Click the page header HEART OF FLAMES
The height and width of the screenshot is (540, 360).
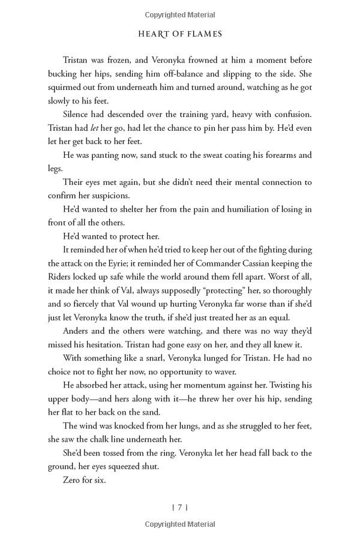pyautogui.click(x=179, y=34)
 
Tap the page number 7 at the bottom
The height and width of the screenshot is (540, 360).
pyautogui.click(x=180, y=507)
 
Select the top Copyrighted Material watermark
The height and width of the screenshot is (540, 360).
pyautogui.click(x=180, y=14)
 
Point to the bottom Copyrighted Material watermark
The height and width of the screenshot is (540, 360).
pyautogui.click(x=180, y=526)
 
